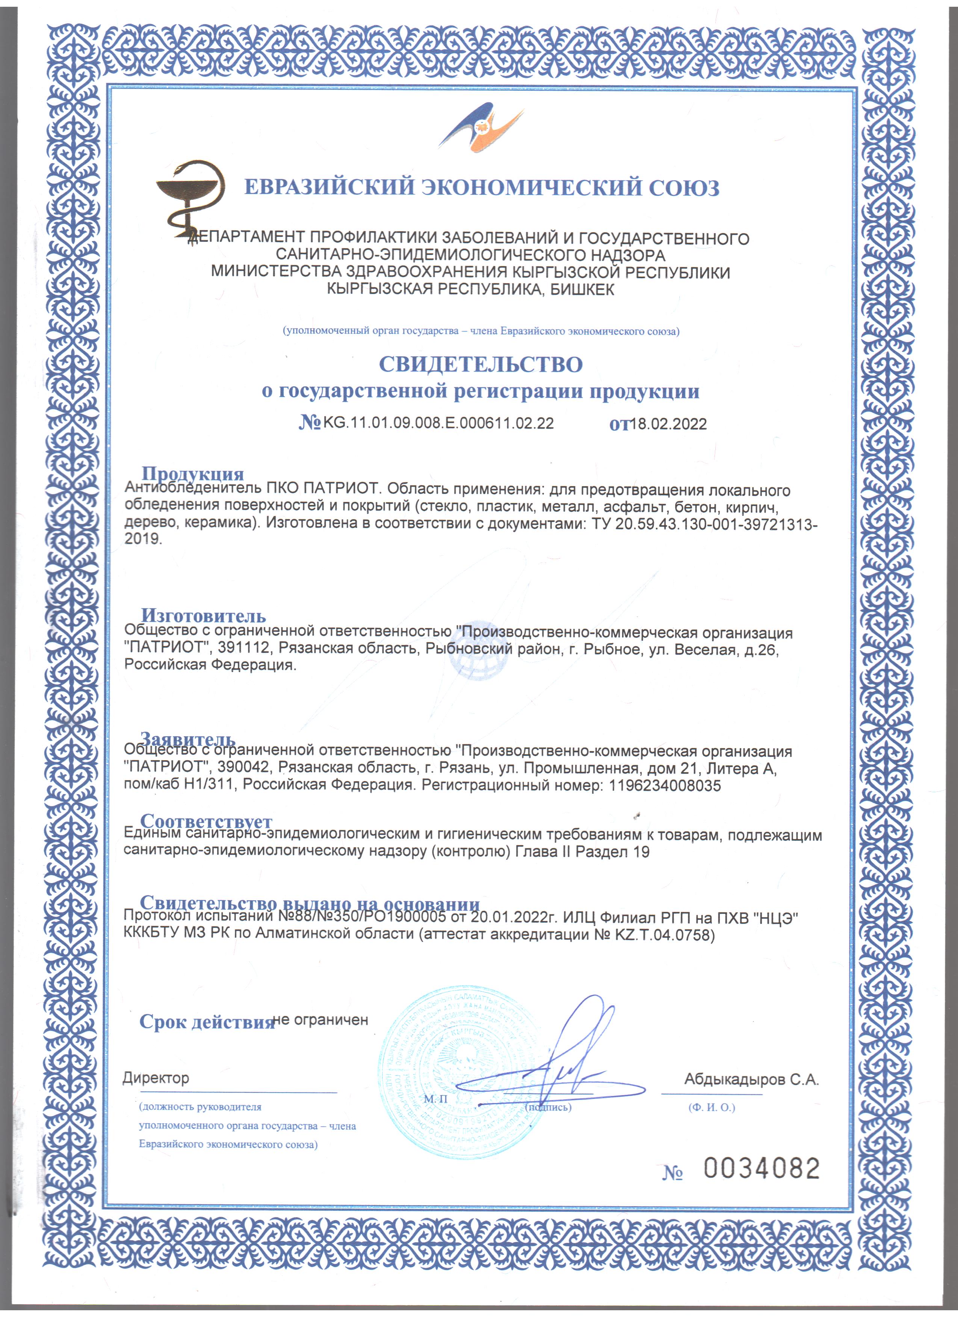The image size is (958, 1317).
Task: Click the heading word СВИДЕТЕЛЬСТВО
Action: [x=481, y=365]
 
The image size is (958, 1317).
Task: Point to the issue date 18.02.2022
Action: [x=668, y=424]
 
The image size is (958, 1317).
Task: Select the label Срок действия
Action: [x=206, y=1022]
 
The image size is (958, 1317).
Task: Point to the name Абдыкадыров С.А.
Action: [x=751, y=1079]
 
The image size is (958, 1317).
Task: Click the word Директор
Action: [x=156, y=1078]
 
